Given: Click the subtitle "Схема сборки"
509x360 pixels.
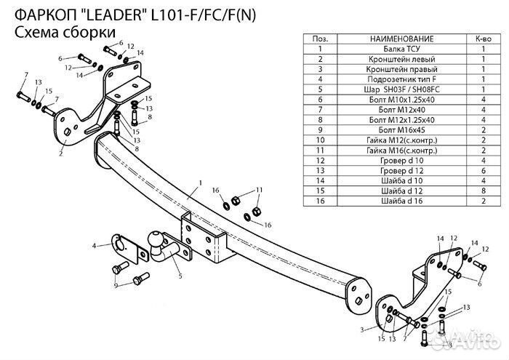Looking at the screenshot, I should click(x=64, y=32).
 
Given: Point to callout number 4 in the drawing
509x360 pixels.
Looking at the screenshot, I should click(x=94, y=247).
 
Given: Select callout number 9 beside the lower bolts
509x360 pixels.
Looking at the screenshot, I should click(x=116, y=286).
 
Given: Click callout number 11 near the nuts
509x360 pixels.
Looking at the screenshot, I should click(x=259, y=190).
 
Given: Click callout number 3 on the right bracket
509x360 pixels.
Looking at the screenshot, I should click(x=362, y=329).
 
